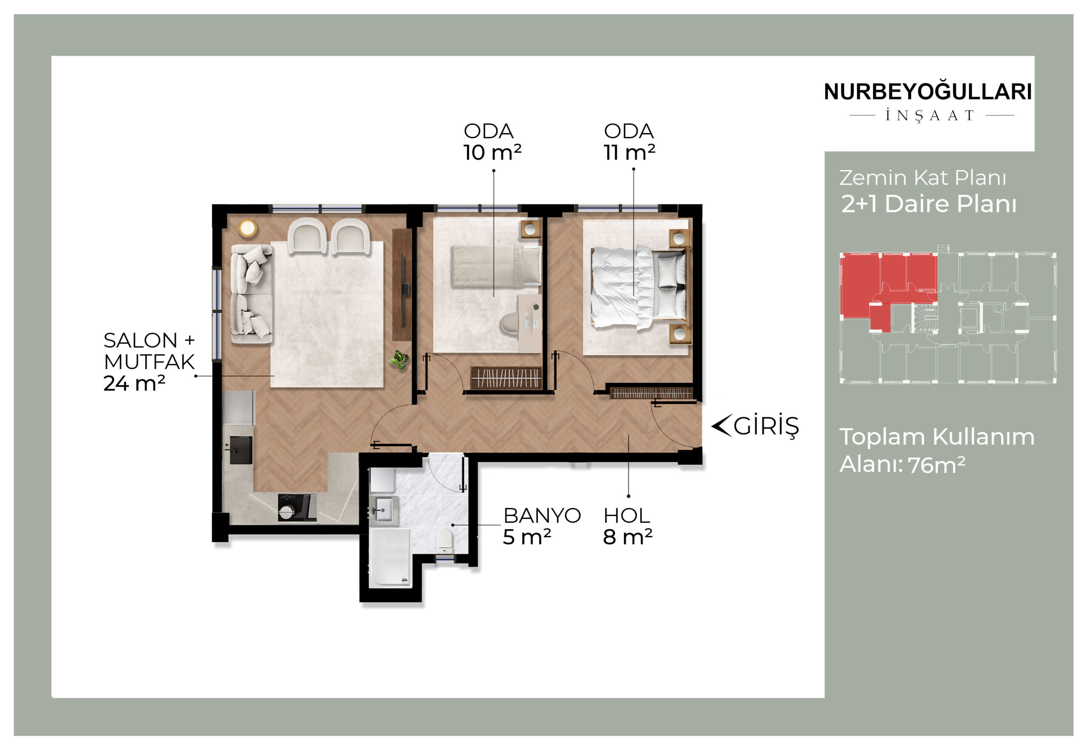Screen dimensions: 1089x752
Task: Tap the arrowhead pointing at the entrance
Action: [x=721, y=425]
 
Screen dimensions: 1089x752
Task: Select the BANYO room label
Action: [x=542, y=516]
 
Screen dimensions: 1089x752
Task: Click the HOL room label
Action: [x=627, y=516]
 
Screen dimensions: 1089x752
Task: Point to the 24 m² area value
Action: [x=134, y=383]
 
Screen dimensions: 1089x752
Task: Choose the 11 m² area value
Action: [x=630, y=152]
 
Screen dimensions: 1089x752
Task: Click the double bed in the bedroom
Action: [x=639, y=287]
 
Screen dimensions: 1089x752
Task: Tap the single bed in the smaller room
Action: [x=496, y=266]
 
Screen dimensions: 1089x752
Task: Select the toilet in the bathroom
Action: [x=445, y=539]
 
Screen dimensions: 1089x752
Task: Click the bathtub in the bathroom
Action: [x=389, y=557]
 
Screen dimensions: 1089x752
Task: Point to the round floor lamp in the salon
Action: [x=248, y=228]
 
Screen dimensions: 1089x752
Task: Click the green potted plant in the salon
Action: [x=399, y=360]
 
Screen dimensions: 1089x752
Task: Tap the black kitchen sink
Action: [x=241, y=450]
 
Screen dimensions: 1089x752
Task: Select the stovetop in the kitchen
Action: [x=297, y=507]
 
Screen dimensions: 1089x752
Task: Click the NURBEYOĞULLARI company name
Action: [x=928, y=91]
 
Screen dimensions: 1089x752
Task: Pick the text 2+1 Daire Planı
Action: [x=929, y=204]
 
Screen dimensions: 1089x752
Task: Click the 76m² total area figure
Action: [x=937, y=465]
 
